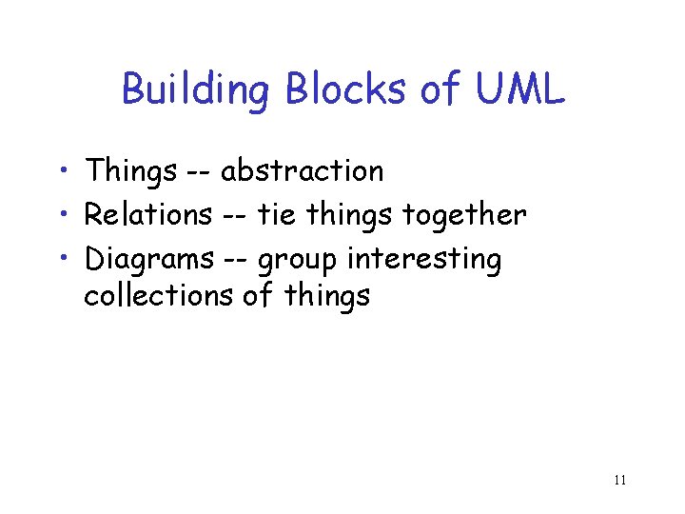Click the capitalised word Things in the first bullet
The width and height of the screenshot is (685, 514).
(130, 172)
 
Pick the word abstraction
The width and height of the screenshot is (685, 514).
(303, 171)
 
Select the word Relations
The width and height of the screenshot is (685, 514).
(148, 215)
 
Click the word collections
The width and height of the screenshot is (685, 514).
(158, 296)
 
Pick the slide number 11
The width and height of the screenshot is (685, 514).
(619, 480)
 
